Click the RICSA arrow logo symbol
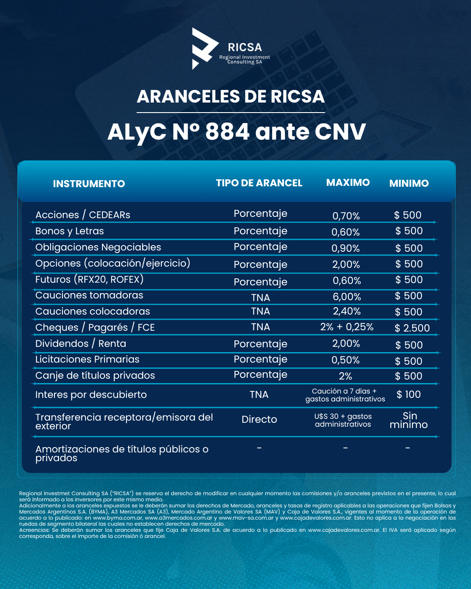(204, 48)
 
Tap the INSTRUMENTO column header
(89, 184)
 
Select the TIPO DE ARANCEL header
(259, 183)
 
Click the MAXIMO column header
(348, 182)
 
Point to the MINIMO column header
(409, 183)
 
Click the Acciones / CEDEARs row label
(83, 215)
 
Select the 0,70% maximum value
(346, 216)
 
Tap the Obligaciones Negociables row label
(98, 247)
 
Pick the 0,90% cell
(346, 248)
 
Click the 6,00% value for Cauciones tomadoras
(347, 297)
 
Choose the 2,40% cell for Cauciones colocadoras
(347, 311)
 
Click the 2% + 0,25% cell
(347, 327)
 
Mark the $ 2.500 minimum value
(412, 328)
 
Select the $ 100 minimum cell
(409, 394)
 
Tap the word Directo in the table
(259, 419)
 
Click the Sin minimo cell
(409, 420)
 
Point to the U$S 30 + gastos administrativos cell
(343, 420)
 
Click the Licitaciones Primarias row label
(87, 359)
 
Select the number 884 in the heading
(227, 132)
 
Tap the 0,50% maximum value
(345, 360)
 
